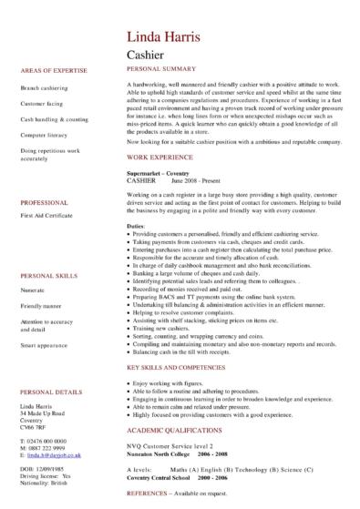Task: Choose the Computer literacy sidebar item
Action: point(44,134)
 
